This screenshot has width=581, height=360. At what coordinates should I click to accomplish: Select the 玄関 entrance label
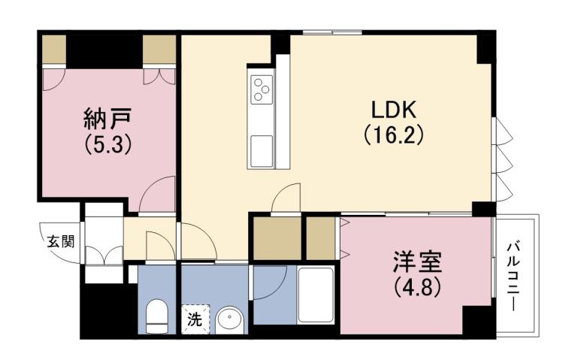click(61, 241)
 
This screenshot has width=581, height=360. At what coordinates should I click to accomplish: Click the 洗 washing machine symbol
click(194, 319)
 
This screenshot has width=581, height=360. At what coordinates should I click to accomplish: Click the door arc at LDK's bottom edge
click(286, 199)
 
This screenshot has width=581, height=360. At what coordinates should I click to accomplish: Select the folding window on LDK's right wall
click(501, 158)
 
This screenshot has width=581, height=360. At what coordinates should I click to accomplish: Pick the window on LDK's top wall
click(331, 32)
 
